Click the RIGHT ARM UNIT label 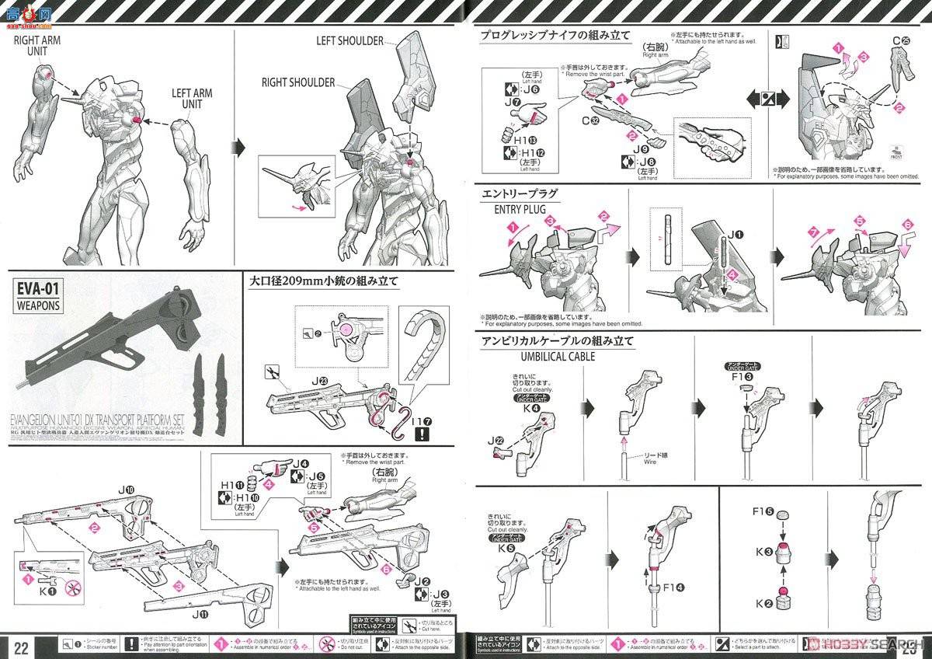point(37,45)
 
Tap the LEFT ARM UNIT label point(193,99)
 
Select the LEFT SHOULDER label point(349,40)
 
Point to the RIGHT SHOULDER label point(298,82)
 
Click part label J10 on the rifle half point(127,490)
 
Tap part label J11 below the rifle point(200,614)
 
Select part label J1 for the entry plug point(735,234)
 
